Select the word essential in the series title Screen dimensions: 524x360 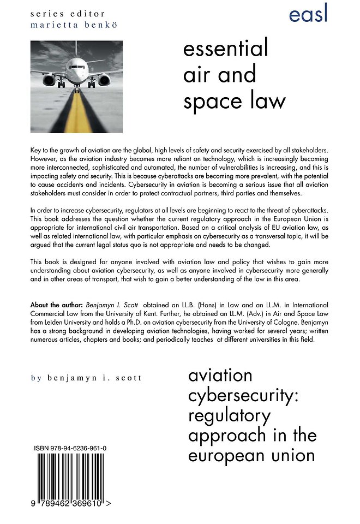pos(226,49)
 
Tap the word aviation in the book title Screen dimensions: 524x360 pos(220,376)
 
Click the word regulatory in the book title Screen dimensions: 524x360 pos(229,416)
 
